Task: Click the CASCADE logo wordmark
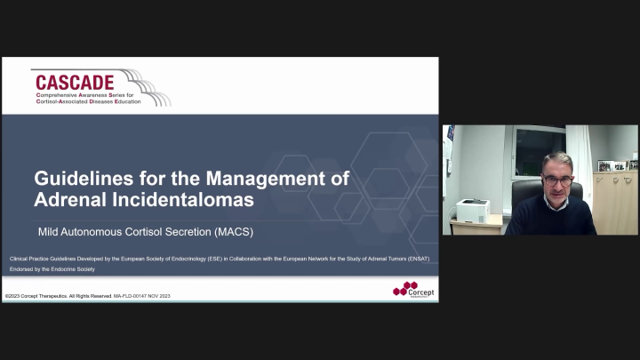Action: [x=73, y=83]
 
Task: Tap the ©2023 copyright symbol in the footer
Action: [x=8, y=295]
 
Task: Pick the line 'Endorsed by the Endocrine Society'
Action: [x=52, y=268]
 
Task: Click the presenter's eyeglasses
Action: [x=557, y=180]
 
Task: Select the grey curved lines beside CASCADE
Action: [x=150, y=88]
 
